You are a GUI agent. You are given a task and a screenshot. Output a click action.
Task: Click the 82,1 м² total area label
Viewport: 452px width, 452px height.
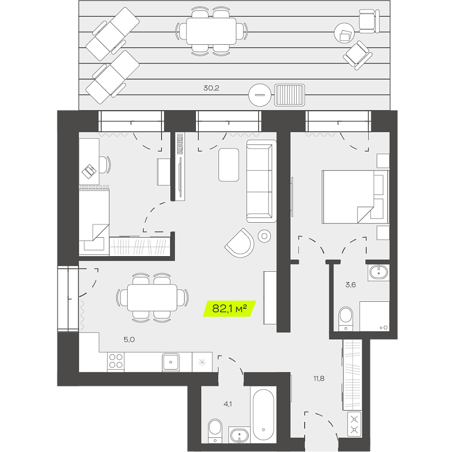coord(229,308)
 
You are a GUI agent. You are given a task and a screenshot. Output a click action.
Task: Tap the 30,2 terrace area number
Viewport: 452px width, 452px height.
coord(211,88)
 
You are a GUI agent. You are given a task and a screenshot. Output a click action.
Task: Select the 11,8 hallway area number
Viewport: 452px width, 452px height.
coord(319,378)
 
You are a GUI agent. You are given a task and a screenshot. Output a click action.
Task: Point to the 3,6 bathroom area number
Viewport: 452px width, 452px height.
coord(350,285)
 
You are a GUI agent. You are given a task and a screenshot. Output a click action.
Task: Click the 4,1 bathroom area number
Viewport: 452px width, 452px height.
coord(227,404)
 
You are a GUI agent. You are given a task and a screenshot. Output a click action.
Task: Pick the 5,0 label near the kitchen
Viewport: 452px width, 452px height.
coord(129,339)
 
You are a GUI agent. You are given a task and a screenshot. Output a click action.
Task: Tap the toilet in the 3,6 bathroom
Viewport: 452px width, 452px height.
coord(346,319)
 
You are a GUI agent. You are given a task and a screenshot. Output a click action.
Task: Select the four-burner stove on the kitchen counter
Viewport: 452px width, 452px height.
coord(116,362)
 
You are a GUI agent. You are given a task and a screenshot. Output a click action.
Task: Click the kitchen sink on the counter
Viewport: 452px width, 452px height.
coord(170,362)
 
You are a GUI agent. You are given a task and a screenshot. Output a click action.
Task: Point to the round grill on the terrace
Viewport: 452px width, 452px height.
coord(260,95)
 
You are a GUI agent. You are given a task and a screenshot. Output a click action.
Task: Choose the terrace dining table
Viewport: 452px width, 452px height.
coord(211,31)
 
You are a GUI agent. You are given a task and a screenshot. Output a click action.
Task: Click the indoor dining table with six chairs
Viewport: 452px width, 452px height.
coord(152,298)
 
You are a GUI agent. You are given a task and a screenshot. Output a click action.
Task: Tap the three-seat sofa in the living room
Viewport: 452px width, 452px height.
coord(261,181)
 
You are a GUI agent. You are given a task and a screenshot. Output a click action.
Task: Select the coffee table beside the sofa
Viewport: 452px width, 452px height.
coord(229,165)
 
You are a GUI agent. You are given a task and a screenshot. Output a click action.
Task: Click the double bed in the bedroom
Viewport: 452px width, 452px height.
coord(355,197)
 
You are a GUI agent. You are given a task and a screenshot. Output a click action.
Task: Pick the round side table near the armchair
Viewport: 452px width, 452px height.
coord(264,236)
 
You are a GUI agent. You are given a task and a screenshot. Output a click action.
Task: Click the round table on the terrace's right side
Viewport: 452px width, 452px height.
coord(344,33)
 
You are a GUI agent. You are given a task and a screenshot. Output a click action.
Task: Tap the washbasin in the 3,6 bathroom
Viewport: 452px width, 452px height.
coord(379,272)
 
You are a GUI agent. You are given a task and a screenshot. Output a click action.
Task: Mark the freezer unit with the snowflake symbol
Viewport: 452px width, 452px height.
coord(202,362)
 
